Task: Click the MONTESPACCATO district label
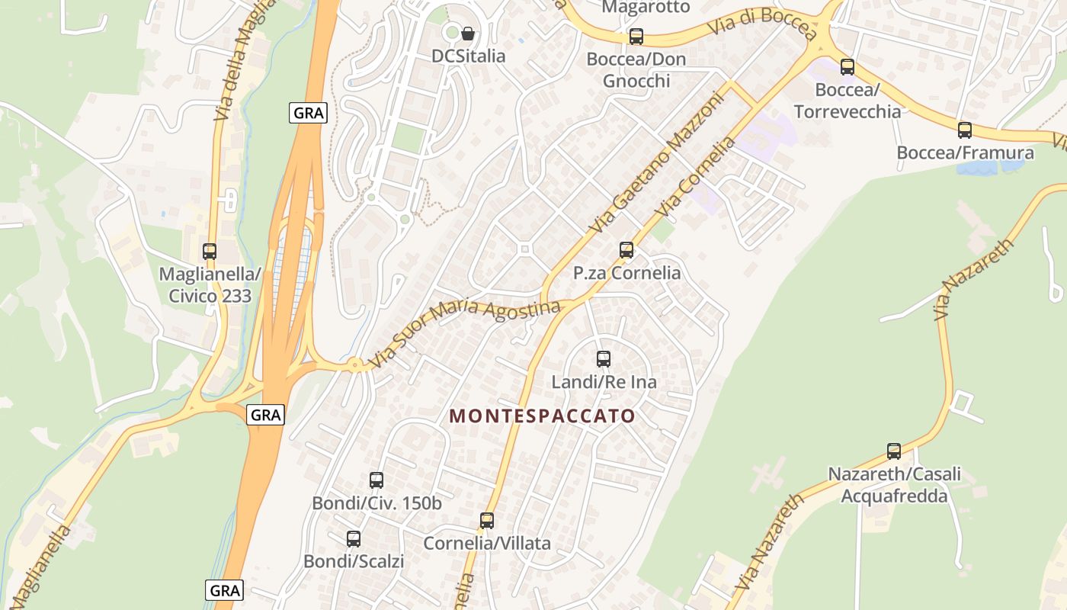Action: click(x=542, y=416)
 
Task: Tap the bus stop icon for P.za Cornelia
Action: click(x=626, y=249)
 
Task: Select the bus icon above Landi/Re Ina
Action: click(x=604, y=358)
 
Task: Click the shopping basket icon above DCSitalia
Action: click(x=468, y=34)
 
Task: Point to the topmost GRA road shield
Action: click(x=309, y=114)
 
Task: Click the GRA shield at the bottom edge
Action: click(x=225, y=590)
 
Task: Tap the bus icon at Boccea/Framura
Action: click(x=965, y=130)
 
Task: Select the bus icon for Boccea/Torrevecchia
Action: click(x=848, y=66)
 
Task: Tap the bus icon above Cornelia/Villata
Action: click(x=487, y=520)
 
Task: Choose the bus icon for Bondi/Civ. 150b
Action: click(x=376, y=480)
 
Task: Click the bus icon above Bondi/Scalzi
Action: click(x=354, y=538)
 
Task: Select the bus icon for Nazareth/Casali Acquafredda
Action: click(x=894, y=451)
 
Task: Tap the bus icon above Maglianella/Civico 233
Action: click(x=210, y=251)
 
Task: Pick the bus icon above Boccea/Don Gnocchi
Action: click(x=636, y=36)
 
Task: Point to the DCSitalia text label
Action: click(x=468, y=56)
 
